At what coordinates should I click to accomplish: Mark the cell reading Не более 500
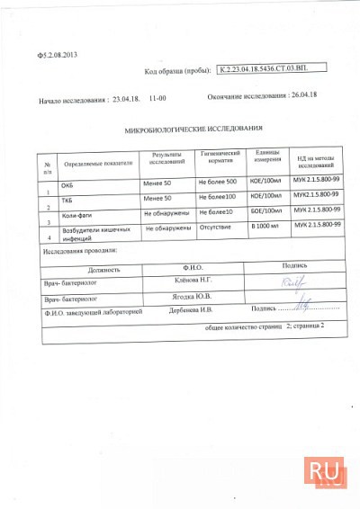tap(216, 182)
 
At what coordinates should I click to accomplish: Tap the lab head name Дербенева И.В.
tap(190, 310)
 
